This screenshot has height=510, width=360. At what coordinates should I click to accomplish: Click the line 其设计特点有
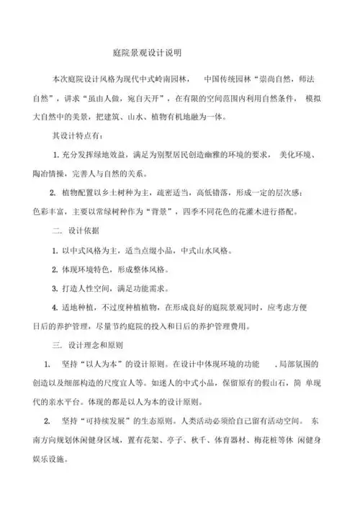76,135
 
